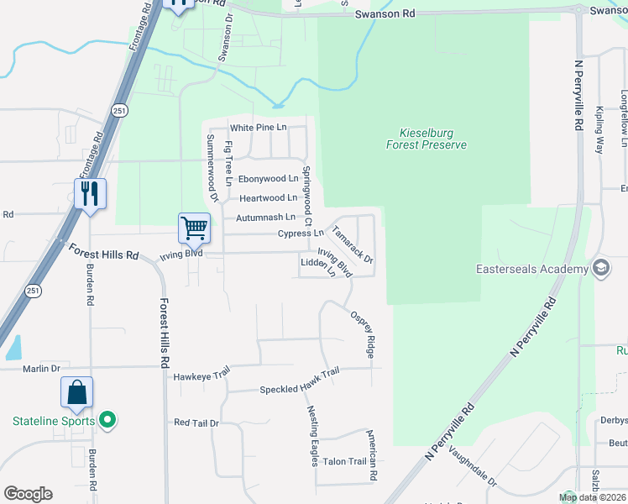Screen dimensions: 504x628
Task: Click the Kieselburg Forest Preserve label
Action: coord(427,139)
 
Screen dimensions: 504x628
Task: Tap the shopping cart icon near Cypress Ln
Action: coord(194,227)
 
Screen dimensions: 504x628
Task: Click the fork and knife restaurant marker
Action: coord(89,193)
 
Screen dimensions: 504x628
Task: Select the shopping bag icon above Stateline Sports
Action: coord(76,392)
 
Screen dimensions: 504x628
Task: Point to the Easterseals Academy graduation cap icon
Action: coord(601,268)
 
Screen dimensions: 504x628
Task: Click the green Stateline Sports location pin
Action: coord(107,419)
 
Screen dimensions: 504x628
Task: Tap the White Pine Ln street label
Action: coord(259,128)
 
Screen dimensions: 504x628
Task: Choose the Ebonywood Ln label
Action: coord(268,179)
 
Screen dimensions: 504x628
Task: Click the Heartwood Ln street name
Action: coord(268,198)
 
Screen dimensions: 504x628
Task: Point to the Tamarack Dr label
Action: coord(352,244)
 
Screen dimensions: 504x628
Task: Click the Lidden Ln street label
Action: coord(320,266)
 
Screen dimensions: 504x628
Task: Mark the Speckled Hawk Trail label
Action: coord(299,389)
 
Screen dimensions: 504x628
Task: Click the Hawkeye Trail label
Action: coord(201,376)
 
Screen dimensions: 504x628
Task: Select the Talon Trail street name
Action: coord(345,461)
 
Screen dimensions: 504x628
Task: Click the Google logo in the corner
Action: coord(28,493)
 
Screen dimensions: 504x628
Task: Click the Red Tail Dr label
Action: coord(196,423)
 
